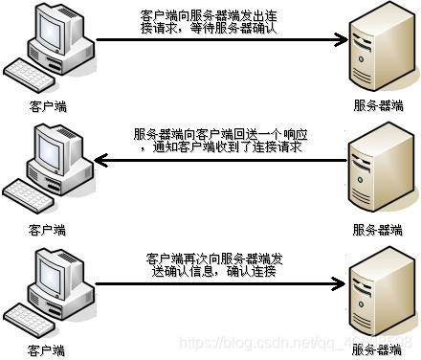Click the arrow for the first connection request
click(x=220, y=40)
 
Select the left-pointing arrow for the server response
click(x=220, y=162)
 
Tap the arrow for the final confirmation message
click(x=220, y=283)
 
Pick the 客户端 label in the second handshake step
click(x=47, y=230)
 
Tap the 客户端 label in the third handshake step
click(x=47, y=350)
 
